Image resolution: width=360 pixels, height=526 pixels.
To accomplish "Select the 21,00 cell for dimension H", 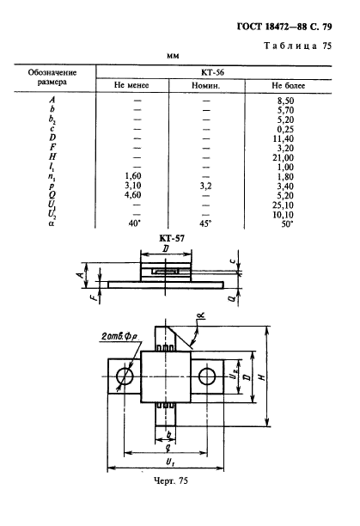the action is (284, 157).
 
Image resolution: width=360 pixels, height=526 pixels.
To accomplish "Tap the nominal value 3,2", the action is (206, 187).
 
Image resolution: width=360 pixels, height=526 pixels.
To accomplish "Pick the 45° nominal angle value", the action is (205, 223).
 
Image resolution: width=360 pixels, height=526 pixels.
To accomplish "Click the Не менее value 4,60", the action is (133, 195).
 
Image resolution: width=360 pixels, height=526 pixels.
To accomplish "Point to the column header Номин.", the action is (206, 86).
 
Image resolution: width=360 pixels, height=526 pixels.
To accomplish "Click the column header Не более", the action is (289, 86).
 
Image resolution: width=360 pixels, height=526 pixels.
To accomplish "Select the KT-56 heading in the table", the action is (212, 72).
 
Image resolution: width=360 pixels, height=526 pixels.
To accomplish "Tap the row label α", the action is (51, 223).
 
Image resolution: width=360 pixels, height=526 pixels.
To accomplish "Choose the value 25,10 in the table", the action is (284, 205).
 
